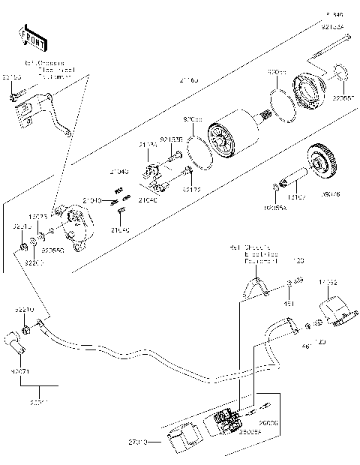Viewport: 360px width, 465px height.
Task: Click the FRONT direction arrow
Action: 27,35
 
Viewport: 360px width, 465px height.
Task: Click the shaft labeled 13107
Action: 293,181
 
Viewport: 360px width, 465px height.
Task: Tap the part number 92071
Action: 20,370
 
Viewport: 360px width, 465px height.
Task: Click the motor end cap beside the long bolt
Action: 309,88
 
